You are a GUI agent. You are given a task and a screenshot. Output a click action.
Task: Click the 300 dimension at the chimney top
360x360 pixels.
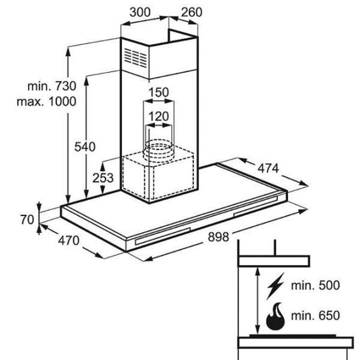[140, 12]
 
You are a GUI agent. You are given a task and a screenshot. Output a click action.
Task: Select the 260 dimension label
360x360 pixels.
[192, 12]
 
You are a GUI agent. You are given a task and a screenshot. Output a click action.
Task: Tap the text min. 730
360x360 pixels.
[52, 86]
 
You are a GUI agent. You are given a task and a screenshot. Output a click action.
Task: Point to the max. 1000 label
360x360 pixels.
[47, 101]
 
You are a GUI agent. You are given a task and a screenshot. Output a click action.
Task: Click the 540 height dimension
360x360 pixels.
[85, 147]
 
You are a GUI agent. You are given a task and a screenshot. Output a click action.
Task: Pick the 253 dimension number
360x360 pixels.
[103, 178]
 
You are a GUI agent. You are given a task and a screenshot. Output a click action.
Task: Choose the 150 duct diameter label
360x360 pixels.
[158, 92]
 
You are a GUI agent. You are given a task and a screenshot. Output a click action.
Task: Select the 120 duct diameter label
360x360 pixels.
[158, 116]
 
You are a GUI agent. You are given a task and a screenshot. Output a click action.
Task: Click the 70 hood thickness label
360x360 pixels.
[27, 220]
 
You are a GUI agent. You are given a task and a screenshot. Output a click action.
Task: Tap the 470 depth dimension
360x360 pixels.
[68, 241]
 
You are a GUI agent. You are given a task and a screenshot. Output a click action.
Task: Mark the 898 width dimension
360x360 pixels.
[218, 237]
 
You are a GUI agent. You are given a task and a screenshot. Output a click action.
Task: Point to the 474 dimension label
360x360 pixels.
[268, 168]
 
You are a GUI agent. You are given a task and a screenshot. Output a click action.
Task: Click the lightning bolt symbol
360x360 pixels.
[275, 286]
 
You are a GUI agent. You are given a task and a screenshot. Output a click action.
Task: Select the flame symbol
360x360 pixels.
[275, 316]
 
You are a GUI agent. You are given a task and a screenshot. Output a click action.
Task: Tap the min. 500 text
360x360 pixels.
[316, 286]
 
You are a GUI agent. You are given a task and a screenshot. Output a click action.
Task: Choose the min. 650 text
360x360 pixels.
[316, 316]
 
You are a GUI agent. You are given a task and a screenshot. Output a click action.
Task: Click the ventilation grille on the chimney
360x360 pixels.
[136, 58]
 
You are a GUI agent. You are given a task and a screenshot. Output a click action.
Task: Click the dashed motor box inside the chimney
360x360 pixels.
[158, 175]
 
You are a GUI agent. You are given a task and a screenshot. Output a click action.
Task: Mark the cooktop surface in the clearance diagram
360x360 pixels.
[293, 336]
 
